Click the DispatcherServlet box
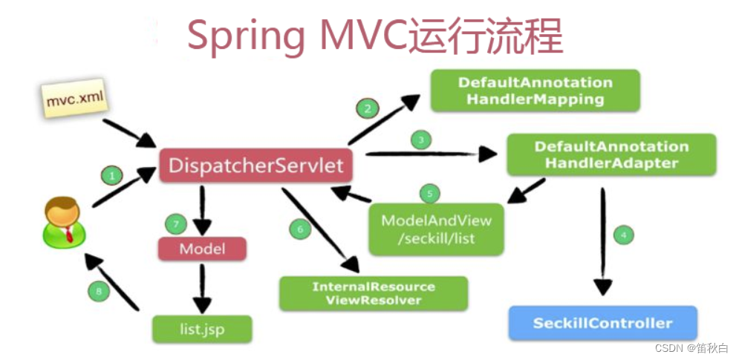(256, 165)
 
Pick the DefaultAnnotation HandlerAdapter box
(611, 154)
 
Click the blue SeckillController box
(602, 323)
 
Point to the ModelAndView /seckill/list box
(437, 229)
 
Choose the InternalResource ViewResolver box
(374, 293)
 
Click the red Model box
(202, 249)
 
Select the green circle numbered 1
(111, 177)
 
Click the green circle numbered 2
(366, 108)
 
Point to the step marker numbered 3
(421, 140)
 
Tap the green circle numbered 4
(623, 235)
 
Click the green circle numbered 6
(300, 229)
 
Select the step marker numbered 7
(175, 223)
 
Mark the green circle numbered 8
(99, 291)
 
